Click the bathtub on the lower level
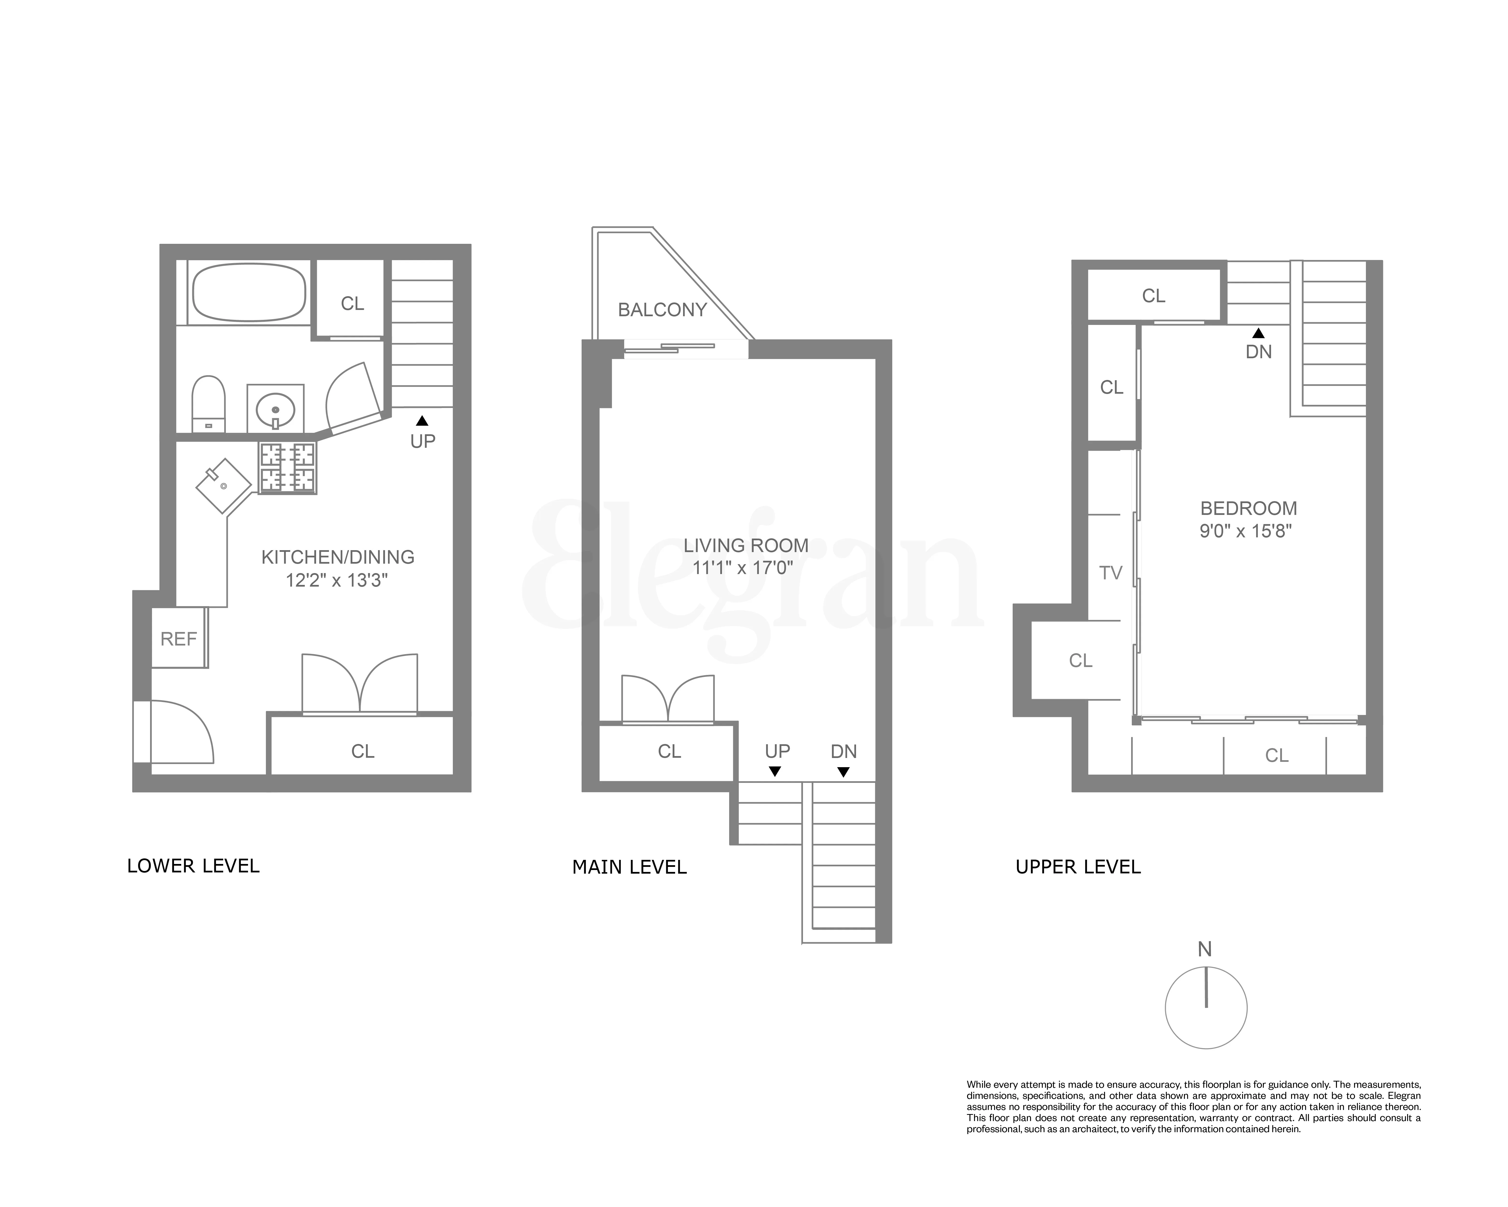point(249,293)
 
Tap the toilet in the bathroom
point(208,404)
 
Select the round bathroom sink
point(275,409)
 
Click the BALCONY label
point(662,310)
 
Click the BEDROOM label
point(1249,509)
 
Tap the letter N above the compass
point(1204,949)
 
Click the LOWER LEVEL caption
point(193,866)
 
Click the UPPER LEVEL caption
point(1078,868)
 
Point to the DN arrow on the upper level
point(1258,334)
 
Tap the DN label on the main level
point(844,751)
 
